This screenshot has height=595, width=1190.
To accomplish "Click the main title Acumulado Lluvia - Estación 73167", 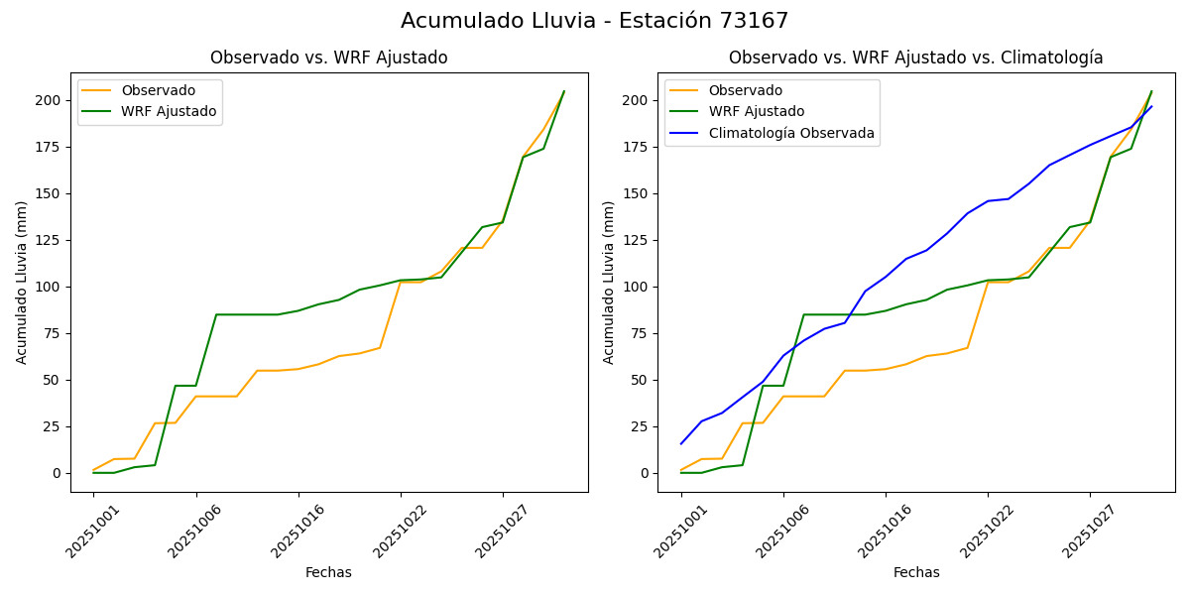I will (x=595, y=21).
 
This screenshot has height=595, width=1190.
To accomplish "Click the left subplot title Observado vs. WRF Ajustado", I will (x=328, y=58).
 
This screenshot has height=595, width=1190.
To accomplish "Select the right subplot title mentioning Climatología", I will (x=915, y=58).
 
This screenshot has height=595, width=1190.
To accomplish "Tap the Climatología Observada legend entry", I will (x=791, y=133).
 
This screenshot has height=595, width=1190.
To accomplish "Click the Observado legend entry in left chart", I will (x=158, y=90).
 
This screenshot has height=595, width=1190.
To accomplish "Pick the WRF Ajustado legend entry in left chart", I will (x=169, y=111).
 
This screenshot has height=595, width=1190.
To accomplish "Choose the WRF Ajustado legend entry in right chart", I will (x=756, y=111).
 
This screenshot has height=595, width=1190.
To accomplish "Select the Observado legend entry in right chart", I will (x=745, y=90).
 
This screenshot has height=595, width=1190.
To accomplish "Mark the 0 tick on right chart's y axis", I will (x=645, y=473).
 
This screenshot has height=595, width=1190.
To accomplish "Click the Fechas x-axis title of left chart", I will (x=328, y=572).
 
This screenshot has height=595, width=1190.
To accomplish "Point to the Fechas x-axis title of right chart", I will (x=916, y=572).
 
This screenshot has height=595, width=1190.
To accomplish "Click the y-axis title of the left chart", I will (x=22, y=282).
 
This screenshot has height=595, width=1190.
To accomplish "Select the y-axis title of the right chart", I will (x=609, y=282).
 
